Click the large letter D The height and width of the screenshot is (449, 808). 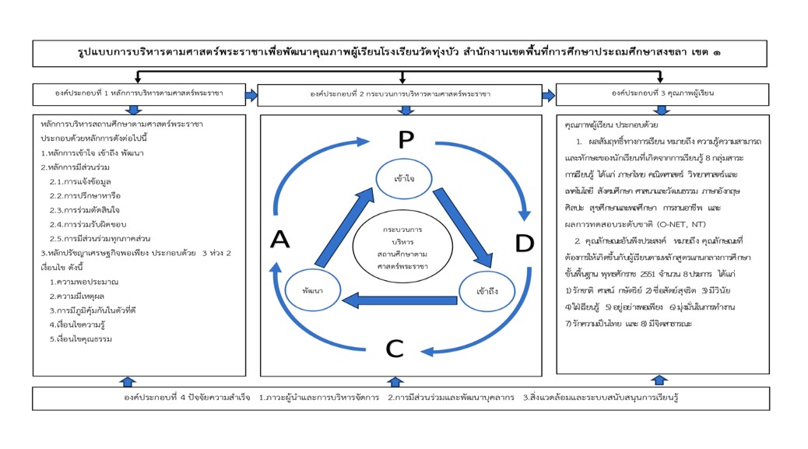coord(524,243)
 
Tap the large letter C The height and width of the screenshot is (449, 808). coord(395,349)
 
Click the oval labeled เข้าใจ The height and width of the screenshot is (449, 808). coord(404,178)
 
